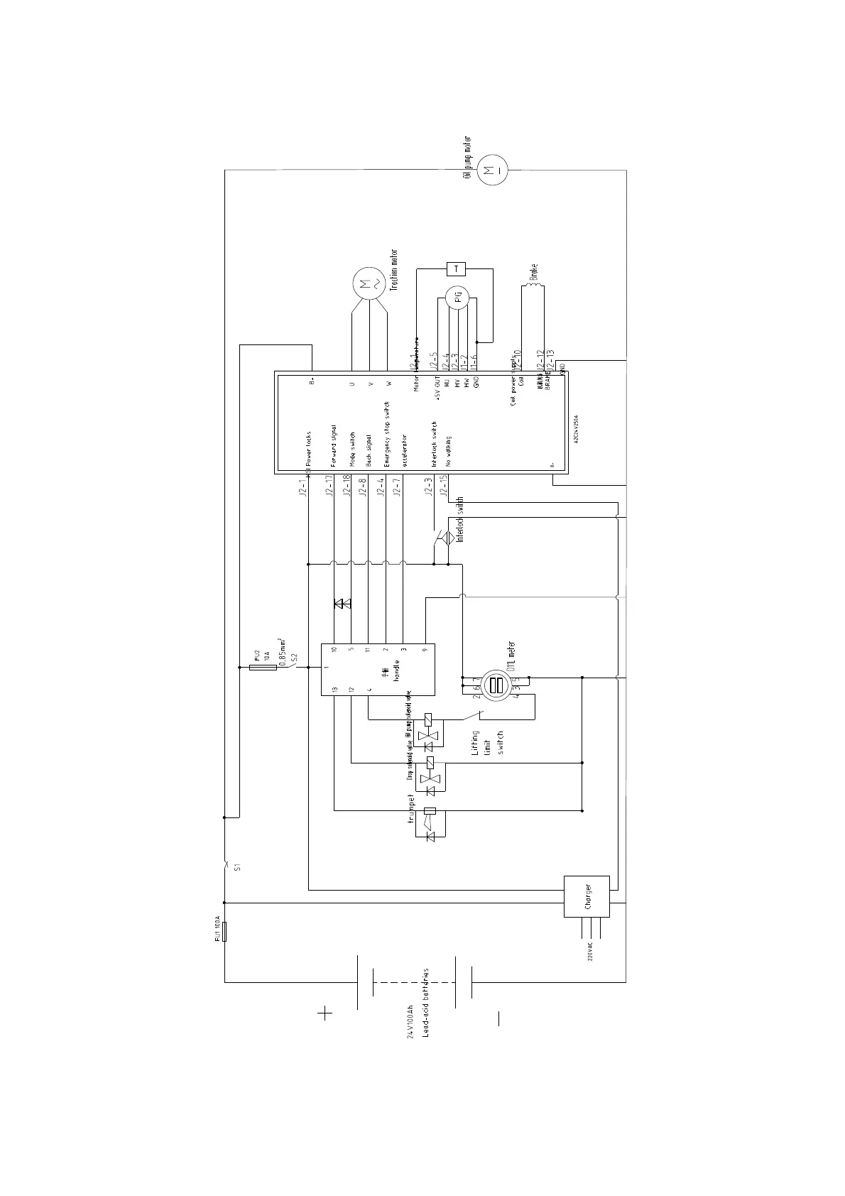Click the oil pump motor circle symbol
(489, 170)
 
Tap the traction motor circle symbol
(368, 284)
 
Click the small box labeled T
(455, 268)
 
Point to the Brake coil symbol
(534, 287)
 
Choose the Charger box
(587, 896)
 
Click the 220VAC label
(589, 952)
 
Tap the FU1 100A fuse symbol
(224, 931)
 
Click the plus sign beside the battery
(325, 1013)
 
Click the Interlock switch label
(460, 520)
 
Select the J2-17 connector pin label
(329, 486)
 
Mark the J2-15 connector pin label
(445, 486)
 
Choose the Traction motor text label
(395, 270)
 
